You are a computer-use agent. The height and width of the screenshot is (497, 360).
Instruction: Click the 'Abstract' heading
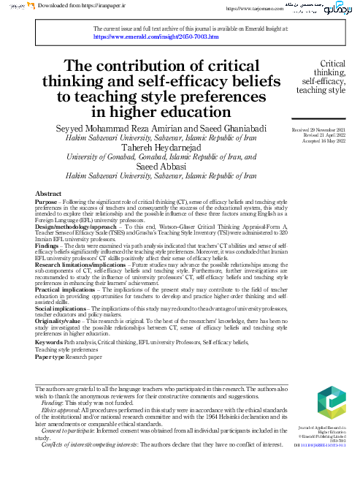tap(48, 193)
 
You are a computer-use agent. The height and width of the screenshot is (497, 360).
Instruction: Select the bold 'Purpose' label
tap(47, 201)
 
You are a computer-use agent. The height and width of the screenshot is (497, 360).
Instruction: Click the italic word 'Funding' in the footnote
tap(52, 403)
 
